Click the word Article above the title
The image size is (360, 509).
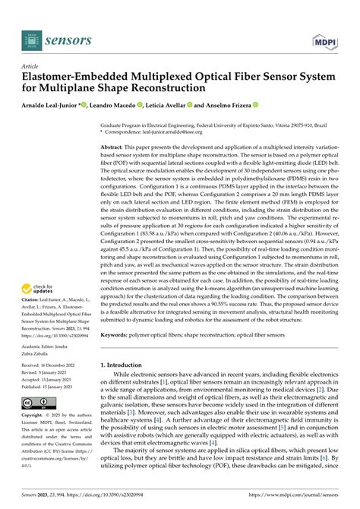33,66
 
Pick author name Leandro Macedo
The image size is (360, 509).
118,105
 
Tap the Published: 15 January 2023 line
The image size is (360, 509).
57,387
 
